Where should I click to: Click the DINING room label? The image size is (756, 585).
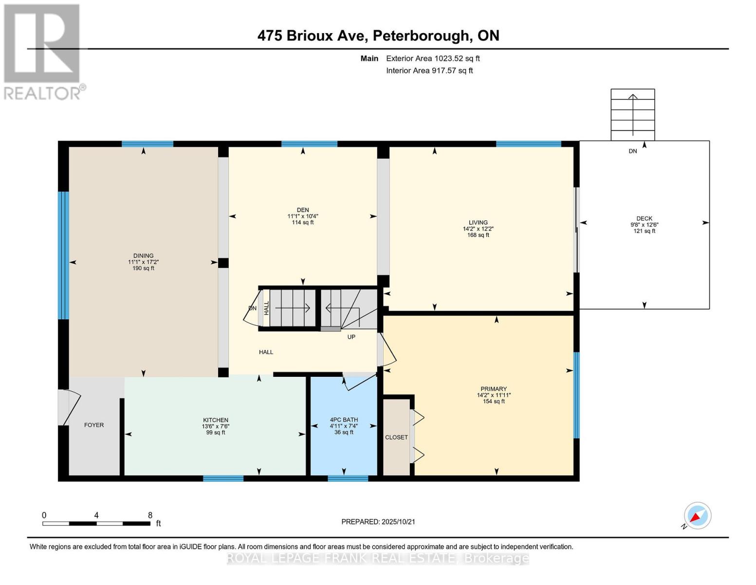coord(143,255)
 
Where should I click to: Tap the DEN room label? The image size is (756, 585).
coord(303,210)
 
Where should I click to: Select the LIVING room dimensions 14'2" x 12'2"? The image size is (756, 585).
coord(478,229)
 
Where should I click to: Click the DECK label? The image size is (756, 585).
coord(644,218)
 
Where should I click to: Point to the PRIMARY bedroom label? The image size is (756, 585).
coord(494,389)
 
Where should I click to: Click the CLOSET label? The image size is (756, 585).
coord(396,437)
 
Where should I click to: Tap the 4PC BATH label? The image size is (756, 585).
coord(344,420)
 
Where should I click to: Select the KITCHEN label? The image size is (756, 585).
coord(216,420)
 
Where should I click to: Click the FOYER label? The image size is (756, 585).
coord(94,425)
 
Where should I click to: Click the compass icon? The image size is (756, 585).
coord(697,516)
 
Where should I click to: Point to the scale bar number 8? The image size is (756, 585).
coord(150,515)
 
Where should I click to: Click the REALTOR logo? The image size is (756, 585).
coord(43,51)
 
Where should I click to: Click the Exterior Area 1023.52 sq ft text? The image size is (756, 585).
coord(433,58)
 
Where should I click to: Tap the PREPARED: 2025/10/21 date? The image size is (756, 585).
coord(378,522)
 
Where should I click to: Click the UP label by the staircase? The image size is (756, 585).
coord(351,337)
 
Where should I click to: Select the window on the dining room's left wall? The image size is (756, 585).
coord(63,255)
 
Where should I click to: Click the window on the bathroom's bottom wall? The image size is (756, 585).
coord(348,478)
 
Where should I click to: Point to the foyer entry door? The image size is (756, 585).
coord(68,408)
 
